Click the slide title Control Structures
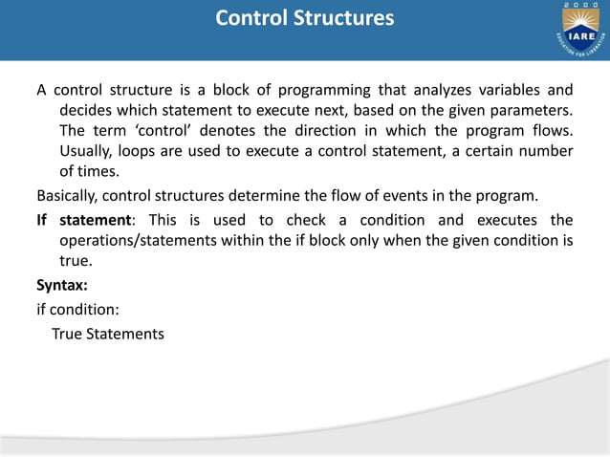(304, 19)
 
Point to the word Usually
(88, 151)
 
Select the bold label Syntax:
(62, 285)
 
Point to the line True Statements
(108, 334)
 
